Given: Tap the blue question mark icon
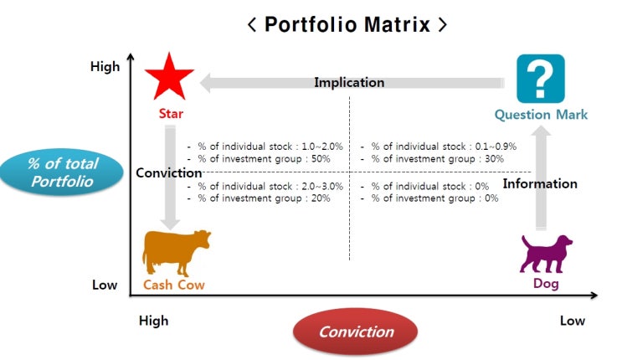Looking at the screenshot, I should [x=541, y=79].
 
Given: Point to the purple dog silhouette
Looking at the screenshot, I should [x=547, y=253].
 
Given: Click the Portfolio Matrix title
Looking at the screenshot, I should [x=347, y=23].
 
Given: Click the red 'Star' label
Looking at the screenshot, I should [x=170, y=113].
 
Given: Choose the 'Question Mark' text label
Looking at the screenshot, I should [x=541, y=115].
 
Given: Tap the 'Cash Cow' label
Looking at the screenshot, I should [x=174, y=285].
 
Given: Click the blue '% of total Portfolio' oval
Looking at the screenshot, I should [x=63, y=172].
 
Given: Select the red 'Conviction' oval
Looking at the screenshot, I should [x=356, y=332].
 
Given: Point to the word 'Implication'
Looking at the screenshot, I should [x=349, y=83].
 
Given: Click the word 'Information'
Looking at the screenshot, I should [x=540, y=183].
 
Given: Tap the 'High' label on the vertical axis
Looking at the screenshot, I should [x=105, y=66].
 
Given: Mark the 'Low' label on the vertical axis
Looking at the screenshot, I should [x=105, y=285].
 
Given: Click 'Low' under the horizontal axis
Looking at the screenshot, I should [x=573, y=321].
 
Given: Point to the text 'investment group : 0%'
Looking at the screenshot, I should [x=440, y=198].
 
